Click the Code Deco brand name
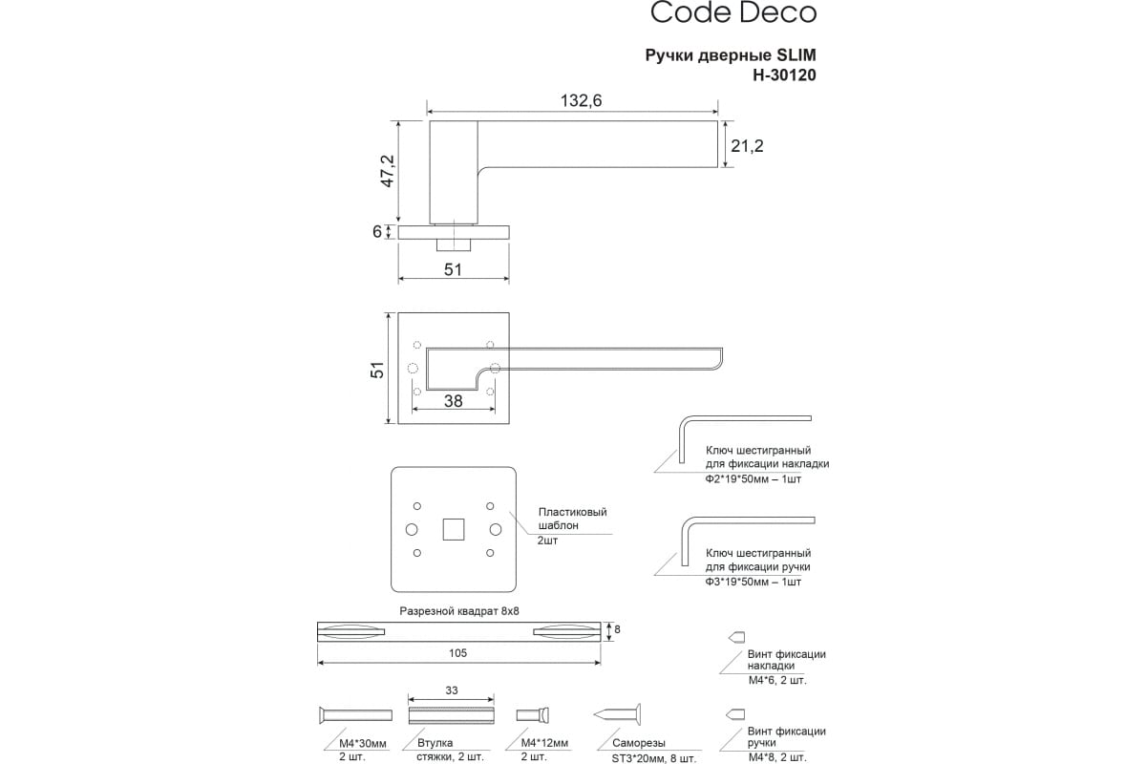click(x=732, y=12)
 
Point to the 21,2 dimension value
click(x=747, y=146)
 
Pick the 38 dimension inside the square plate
click(x=453, y=401)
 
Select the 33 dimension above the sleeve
click(x=452, y=690)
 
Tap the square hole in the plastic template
click(x=453, y=529)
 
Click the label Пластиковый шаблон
click(x=572, y=519)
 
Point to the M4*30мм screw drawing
click(x=353, y=715)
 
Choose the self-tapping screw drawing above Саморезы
click(x=618, y=714)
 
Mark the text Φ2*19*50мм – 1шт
click(x=753, y=478)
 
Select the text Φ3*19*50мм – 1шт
click(x=753, y=582)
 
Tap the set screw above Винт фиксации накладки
click(x=736, y=637)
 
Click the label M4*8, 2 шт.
click(x=777, y=757)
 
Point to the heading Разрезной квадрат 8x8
click(x=460, y=610)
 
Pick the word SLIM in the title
click(x=796, y=55)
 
